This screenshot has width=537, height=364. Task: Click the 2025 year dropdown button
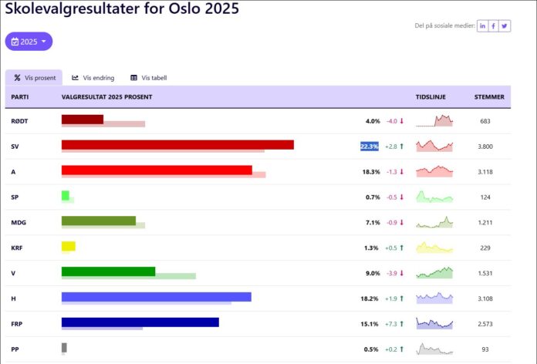[29, 42]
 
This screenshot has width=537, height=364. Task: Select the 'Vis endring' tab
[93, 78]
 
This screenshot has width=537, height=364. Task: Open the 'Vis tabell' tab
[149, 78]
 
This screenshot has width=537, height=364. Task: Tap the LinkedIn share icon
[482, 25]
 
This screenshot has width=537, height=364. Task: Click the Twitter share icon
[505, 25]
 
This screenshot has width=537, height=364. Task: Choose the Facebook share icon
[494, 25]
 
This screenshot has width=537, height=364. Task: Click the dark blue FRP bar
[140, 322]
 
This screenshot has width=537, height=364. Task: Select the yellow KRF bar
[69, 246]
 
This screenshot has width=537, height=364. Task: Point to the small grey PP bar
[64, 348]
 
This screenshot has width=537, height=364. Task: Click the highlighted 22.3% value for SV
[369, 147]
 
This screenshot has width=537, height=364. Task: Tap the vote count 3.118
[485, 172]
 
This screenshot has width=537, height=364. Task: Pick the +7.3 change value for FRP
[390, 324]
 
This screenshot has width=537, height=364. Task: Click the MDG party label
[19, 223]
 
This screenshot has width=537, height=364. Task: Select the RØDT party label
[19, 121]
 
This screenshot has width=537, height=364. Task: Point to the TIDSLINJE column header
[431, 97]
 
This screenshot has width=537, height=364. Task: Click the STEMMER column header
[489, 97]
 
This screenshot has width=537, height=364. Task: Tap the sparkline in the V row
[434, 272]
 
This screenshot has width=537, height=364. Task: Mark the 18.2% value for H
[369, 298]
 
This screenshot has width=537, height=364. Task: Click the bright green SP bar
[66, 196]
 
